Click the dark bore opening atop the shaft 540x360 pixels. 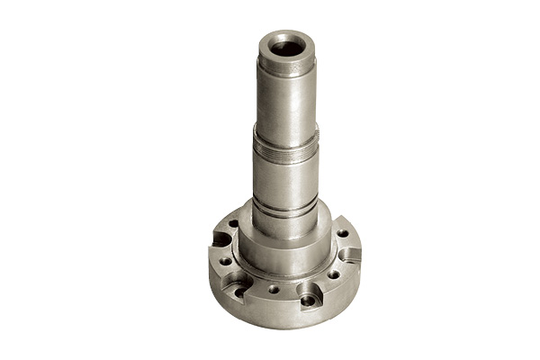[x=287, y=45]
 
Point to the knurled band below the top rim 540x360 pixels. [x=286, y=67]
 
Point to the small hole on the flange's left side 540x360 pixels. [x=225, y=261]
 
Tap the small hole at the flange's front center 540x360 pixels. [x=274, y=290]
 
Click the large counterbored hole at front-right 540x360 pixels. [x=308, y=296]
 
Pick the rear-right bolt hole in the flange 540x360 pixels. [x=342, y=233]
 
